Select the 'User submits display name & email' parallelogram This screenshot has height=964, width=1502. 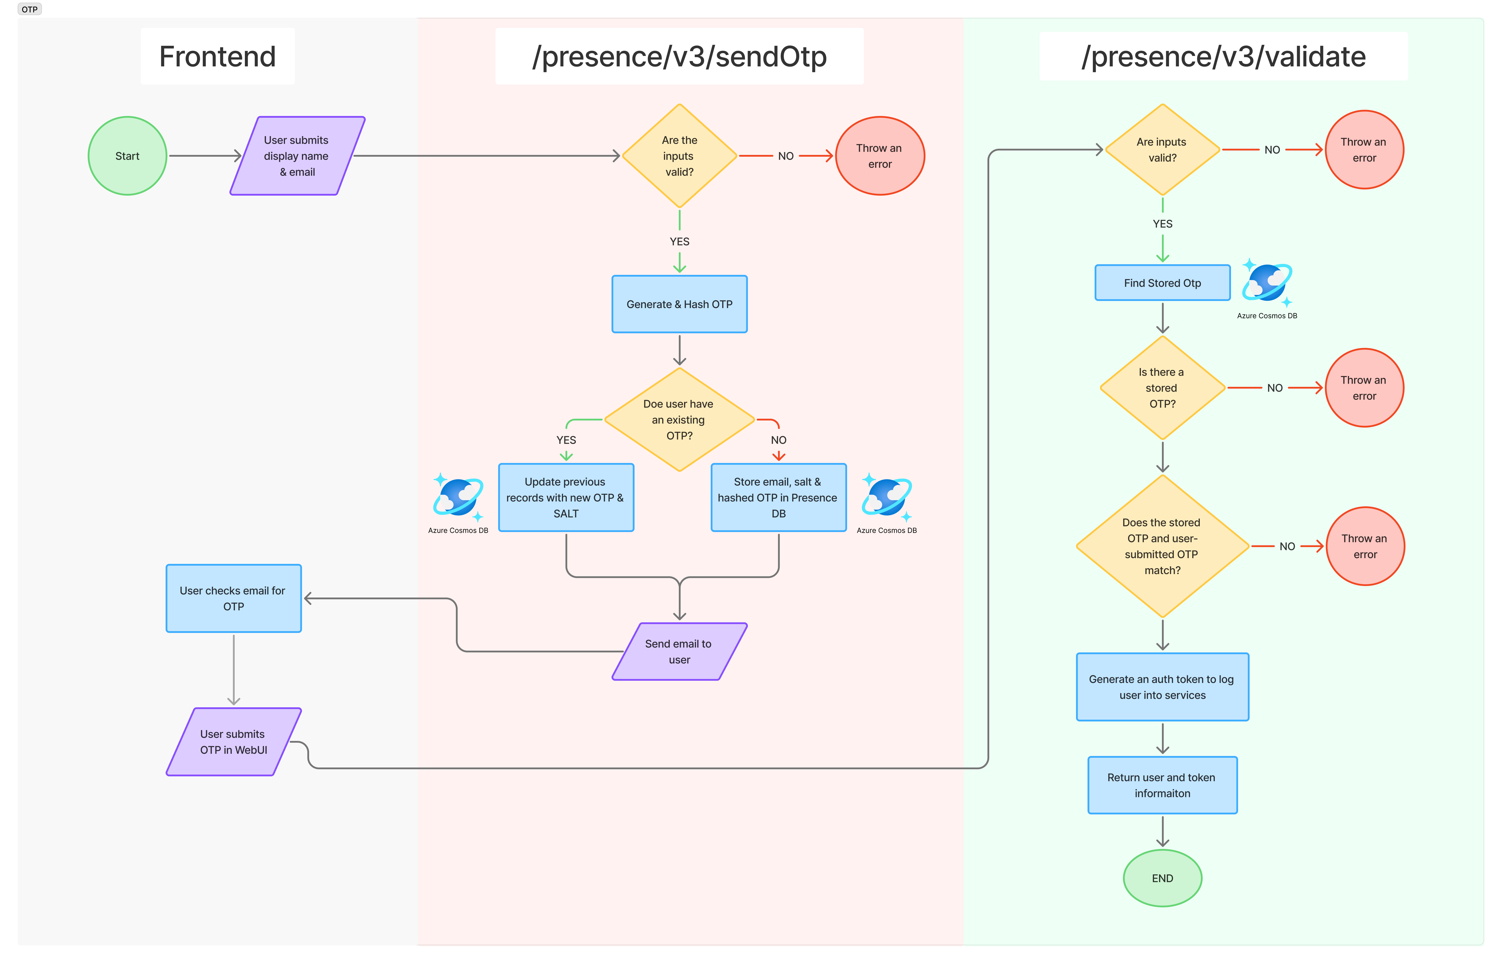click(297, 156)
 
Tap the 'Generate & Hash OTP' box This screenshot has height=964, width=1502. click(679, 304)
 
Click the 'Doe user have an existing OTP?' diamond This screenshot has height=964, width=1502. click(679, 419)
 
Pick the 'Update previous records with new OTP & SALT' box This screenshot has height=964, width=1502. click(566, 498)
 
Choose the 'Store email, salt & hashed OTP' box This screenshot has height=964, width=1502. click(778, 498)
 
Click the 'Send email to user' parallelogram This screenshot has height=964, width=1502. click(679, 652)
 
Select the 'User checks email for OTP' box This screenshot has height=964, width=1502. click(234, 598)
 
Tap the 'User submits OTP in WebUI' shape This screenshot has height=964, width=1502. click(234, 742)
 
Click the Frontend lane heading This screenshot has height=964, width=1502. click(217, 56)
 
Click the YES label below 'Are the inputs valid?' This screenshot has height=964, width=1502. click(679, 242)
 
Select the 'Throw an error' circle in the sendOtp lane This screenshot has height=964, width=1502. click(880, 156)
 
